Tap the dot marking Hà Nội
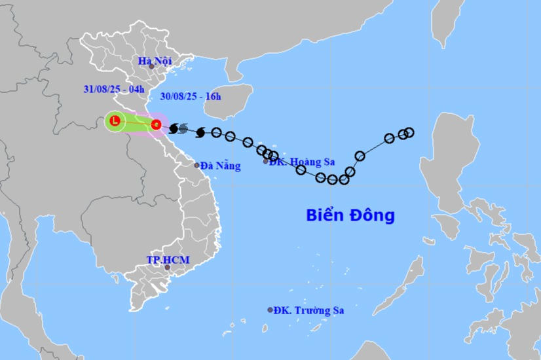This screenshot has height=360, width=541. (151, 66)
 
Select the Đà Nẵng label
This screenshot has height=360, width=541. (221, 166)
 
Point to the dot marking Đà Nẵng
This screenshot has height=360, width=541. (196, 165)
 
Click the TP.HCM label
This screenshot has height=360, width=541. (168, 260)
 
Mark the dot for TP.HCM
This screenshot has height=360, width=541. (167, 267)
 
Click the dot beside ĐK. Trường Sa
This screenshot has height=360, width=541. (270, 310)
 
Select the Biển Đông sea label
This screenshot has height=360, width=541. (350, 215)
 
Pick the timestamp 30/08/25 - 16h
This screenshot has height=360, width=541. (191, 96)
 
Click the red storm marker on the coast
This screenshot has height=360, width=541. (156, 124)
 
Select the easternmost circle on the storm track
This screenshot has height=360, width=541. (409, 132)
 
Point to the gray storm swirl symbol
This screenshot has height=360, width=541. (183, 128)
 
